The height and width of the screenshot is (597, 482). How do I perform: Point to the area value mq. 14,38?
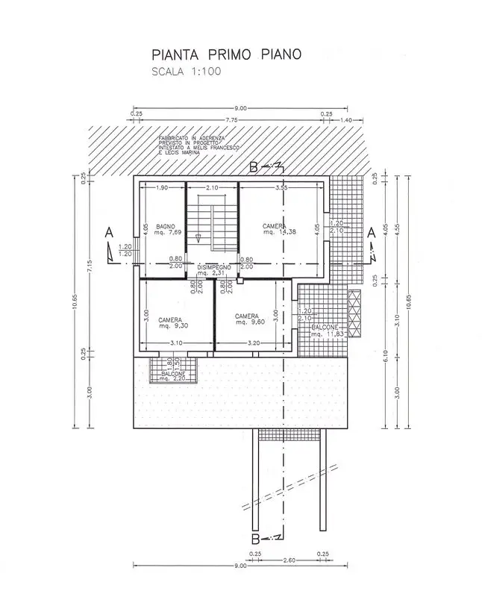278,233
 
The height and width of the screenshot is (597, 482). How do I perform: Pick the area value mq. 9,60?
249,322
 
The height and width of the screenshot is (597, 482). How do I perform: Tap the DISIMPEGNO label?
215,266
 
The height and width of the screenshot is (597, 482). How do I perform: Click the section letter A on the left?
109,234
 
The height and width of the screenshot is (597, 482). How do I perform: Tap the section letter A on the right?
371,232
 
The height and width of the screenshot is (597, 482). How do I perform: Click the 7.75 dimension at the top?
231,119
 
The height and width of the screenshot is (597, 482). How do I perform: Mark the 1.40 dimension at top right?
345,119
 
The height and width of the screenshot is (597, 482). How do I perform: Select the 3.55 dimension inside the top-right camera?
281,188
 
